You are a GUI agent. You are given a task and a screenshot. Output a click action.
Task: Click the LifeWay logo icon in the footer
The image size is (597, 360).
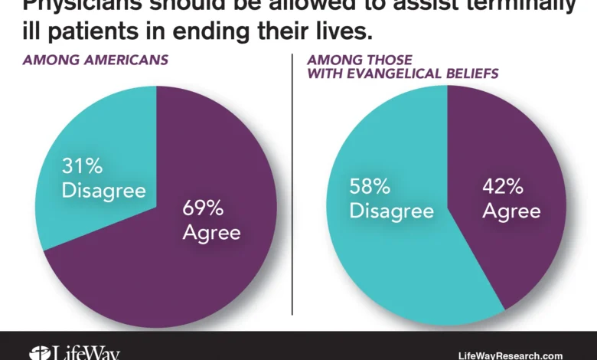[38, 353]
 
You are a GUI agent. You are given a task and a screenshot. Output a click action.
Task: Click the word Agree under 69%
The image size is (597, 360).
[211, 231]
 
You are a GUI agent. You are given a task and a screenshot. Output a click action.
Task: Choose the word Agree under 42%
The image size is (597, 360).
[512, 211]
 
